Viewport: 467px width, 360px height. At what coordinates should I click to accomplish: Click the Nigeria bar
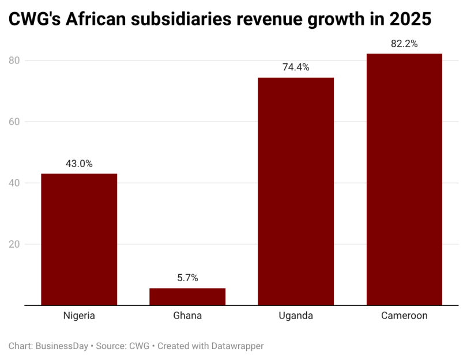pyautogui.click(x=79, y=239)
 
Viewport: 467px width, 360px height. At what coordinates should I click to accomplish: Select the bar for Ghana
pyautogui.click(x=187, y=297)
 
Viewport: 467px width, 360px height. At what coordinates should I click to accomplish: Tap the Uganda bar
pyautogui.click(x=296, y=191)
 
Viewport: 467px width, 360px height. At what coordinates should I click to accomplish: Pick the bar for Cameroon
pyautogui.click(x=404, y=179)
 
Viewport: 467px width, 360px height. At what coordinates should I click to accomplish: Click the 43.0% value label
pyautogui.click(x=79, y=164)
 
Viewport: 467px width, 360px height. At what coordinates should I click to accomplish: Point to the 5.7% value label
pyautogui.click(x=187, y=278)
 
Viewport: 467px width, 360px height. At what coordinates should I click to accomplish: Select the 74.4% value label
pyautogui.click(x=296, y=67)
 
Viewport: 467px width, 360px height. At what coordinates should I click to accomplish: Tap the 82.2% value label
pyautogui.click(x=404, y=44)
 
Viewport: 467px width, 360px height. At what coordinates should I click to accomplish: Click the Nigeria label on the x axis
pyautogui.click(x=79, y=316)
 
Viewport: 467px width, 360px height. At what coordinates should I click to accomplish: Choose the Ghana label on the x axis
pyautogui.click(x=187, y=316)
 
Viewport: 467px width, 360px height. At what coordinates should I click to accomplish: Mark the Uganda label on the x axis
pyautogui.click(x=296, y=316)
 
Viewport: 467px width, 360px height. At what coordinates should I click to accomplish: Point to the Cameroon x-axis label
pyautogui.click(x=404, y=316)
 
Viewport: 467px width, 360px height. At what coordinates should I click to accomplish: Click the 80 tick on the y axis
pyautogui.click(x=14, y=60)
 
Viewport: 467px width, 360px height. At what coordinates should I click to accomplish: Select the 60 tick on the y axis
pyautogui.click(x=14, y=122)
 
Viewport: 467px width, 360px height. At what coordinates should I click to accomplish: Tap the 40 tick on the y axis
pyautogui.click(x=14, y=183)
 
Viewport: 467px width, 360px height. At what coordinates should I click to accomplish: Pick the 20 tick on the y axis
pyautogui.click(x=14, y=244)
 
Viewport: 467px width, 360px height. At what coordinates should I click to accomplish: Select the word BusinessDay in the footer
pyautogui.click(x=62, y=346)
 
